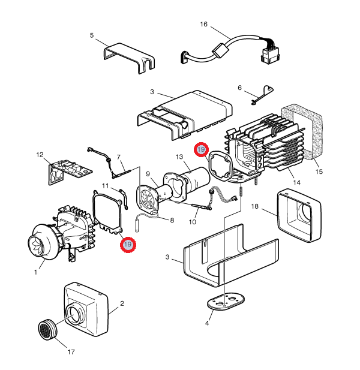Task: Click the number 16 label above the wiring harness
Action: (203, 25)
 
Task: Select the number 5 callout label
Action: (92, 35)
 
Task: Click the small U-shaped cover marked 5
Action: (128, 56)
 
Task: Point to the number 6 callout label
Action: (239, 88)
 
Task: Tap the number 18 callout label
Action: (254, 207)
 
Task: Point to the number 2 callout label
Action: (122, 303)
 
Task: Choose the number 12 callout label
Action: (40, 155)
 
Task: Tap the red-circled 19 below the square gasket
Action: (127, 245)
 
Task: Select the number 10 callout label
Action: (193, 222)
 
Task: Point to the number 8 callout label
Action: (172, 220)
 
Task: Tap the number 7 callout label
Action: (119, 157)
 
